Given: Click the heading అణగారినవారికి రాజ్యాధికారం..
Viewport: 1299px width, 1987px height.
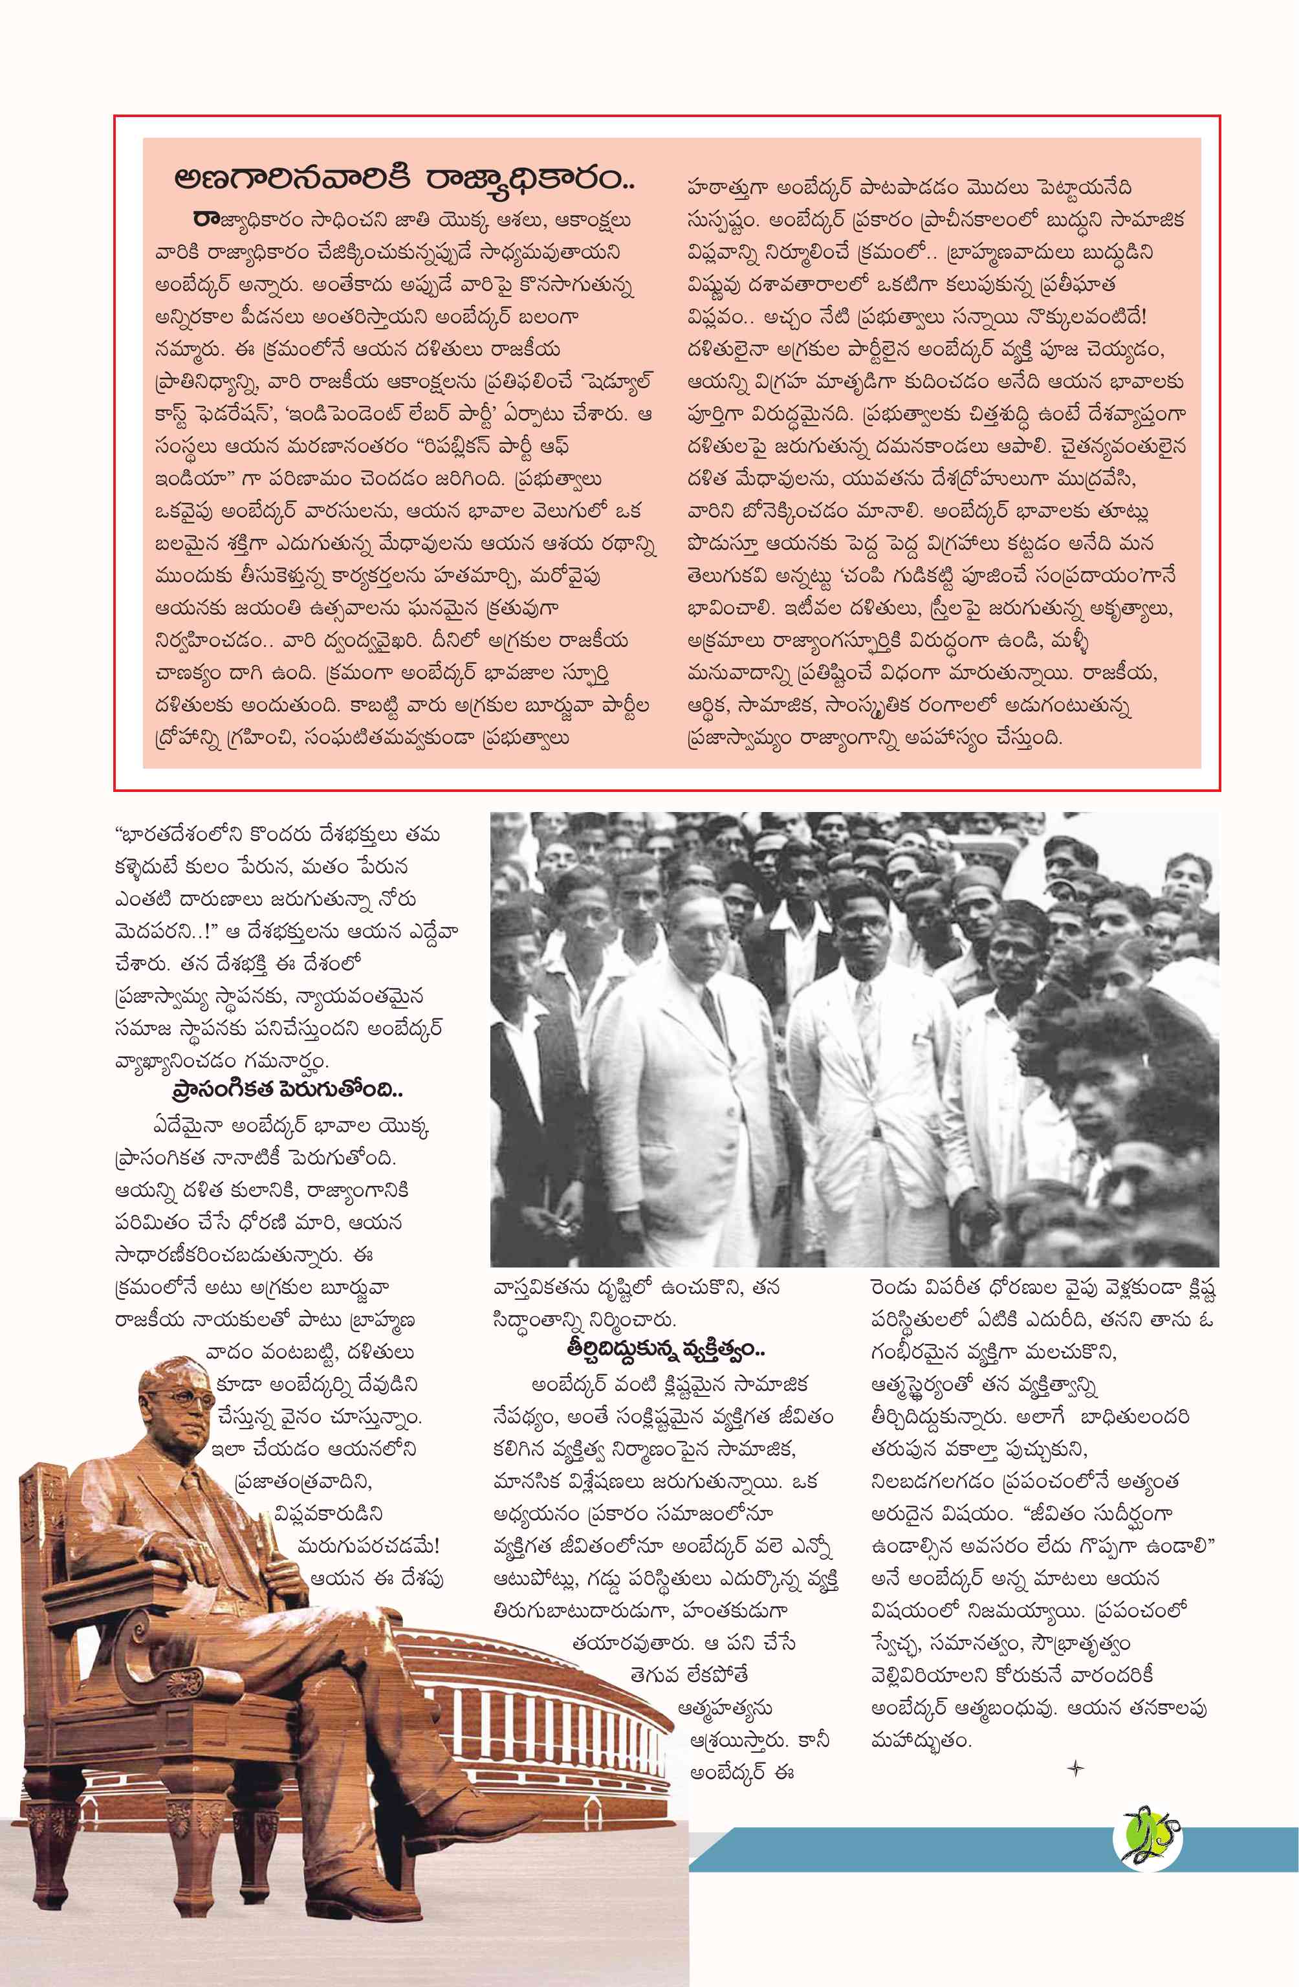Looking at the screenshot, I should [403, 178].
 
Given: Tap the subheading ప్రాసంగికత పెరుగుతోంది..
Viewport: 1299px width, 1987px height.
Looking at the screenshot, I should [287, 1090].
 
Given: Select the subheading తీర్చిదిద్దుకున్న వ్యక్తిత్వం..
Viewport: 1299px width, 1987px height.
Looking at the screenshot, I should [666, 1348].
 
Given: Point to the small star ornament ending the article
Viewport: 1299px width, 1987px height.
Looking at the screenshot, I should [1075, 1768].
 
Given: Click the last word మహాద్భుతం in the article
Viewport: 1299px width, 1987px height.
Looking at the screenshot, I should [920, 1742].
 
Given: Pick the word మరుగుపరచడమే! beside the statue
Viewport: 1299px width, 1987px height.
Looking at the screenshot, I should [368, 1546].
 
